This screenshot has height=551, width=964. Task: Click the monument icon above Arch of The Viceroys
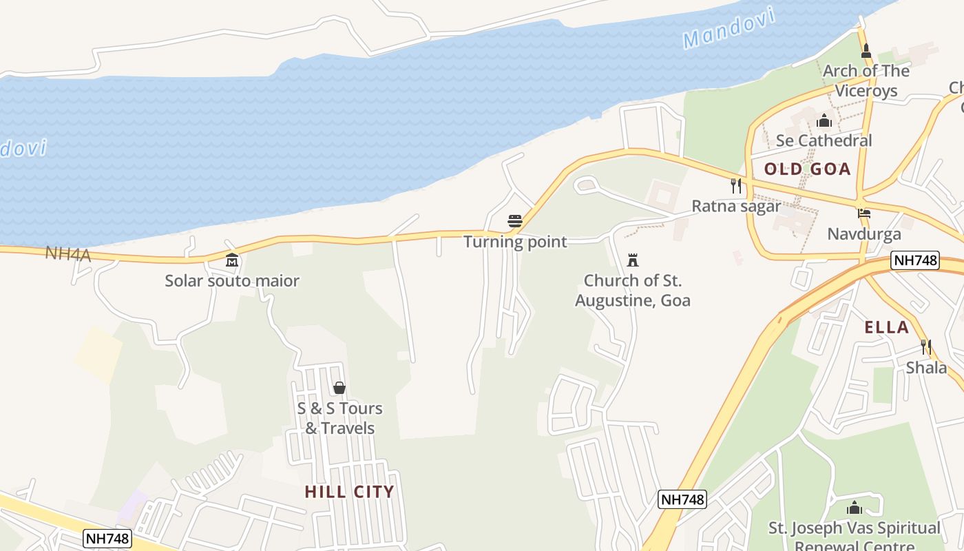pos(866,51)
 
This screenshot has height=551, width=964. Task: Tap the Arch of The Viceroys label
pos(866,81)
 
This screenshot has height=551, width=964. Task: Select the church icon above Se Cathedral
pos(824,122)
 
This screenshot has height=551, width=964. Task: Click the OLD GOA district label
pos(808,169)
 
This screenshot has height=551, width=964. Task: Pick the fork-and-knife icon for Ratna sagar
pos(736,185)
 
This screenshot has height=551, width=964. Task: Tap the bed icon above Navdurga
pos(864,214)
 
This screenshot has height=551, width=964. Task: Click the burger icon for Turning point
pos(514,221)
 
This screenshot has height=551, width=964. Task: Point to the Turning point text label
pos(515,242)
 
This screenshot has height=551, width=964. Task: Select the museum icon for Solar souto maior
pos(232,260)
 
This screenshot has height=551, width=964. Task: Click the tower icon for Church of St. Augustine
pos(633,260)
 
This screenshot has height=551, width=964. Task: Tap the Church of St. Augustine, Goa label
pos(633,291)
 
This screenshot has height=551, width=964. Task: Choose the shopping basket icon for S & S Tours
pos(339,388)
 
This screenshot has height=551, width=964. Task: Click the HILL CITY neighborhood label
pos(349,492)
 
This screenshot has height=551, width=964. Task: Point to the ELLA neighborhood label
pos(887,327)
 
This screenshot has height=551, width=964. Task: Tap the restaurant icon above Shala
pos(926,346)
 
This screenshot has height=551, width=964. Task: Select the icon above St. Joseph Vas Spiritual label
pos(855,508)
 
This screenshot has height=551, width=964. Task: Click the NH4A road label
pos(68,253)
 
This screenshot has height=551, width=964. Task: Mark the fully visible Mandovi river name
pos(730,28)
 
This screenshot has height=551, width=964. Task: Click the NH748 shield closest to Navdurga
pos(914,260)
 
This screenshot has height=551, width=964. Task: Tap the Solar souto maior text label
pos(232,281)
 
